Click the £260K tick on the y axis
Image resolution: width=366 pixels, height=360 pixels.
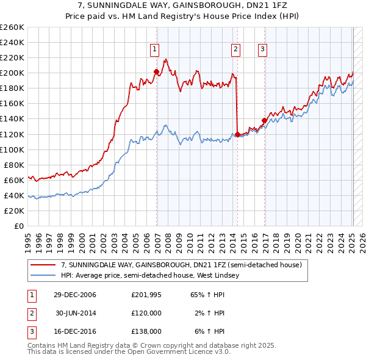point(12,27)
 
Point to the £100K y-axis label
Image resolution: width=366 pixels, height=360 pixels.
point(12,149)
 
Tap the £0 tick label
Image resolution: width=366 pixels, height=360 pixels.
point(18,226)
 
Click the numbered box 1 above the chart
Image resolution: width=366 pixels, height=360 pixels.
point(156,50)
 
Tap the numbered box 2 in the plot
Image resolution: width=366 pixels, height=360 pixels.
point(235,50)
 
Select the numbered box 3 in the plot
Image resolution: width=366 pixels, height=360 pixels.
point(262,50)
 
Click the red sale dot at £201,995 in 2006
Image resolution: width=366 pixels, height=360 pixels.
point(156,71)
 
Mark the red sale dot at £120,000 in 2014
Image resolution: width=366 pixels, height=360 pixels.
point(237,134)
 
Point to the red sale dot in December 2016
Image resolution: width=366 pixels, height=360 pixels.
point(264,120)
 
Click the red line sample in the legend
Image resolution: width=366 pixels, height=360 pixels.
point(43,265)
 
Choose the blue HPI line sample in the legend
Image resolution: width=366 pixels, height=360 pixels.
point(43,276)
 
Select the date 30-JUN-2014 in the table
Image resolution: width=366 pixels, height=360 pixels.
point(76,313)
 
